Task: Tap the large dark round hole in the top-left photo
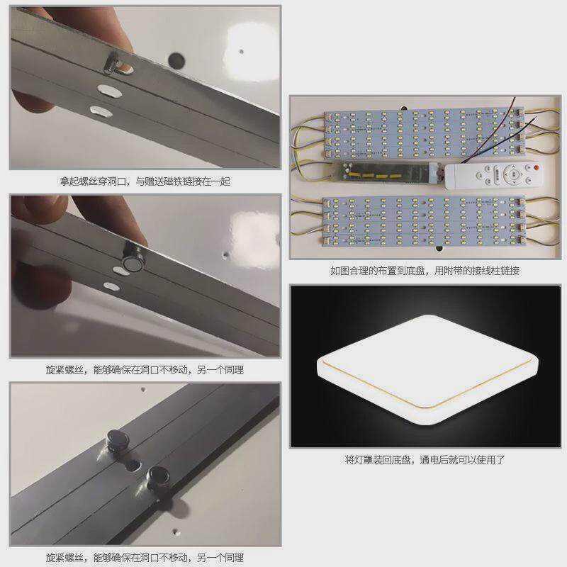click(174, 57)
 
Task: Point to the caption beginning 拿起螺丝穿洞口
click(145, 181)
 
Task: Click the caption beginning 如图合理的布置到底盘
click(425, 271)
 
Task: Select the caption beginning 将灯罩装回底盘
click(425, 460)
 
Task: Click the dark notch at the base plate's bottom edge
click(438, 249)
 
